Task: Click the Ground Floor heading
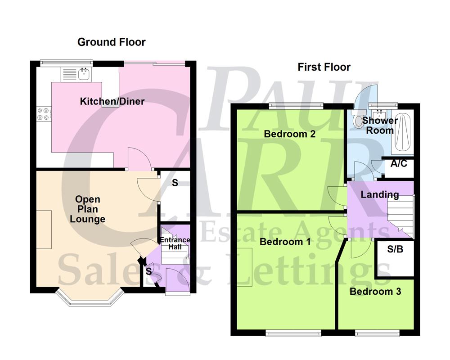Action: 111,42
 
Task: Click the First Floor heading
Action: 324,67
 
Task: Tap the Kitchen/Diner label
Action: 112,101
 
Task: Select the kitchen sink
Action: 84,73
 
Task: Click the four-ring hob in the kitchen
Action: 44,113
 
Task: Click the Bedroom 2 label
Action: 289,134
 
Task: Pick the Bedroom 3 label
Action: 375,292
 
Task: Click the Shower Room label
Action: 380,126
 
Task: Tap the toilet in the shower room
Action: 359,120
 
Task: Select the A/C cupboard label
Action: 399,163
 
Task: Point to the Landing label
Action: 380,194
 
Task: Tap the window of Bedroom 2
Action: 297,106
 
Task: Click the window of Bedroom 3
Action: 377,333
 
